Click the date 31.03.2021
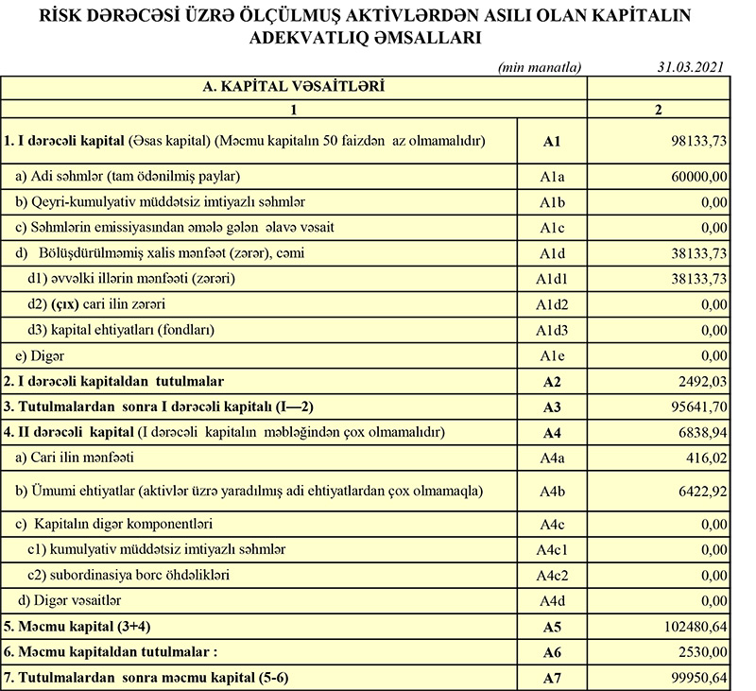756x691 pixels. click(691, 68)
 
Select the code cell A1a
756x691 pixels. click(553, 176)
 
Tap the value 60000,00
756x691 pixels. click(697, 176)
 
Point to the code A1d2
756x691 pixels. click(553, 305)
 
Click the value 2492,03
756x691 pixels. click(700, 382)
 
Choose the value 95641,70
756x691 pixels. click(696, 407)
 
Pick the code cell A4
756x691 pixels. click(553, 433)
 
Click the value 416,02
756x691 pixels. click(704, 458)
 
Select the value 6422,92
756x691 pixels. click(700, 492)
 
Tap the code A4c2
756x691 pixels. click(553, 576)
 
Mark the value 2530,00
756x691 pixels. click(700, 652)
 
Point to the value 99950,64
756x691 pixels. click(696, 678)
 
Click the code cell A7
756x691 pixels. click(553, 678)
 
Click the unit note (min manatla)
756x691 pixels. click(540, 68)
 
